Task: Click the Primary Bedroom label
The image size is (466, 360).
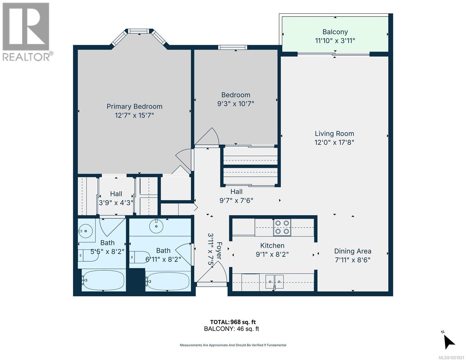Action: (134, 106)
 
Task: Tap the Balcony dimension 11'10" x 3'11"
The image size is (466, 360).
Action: (335, 41)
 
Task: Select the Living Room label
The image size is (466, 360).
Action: (334, 134)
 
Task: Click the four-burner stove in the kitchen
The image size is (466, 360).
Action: (282, 227)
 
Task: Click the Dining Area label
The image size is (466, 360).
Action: (353, 251)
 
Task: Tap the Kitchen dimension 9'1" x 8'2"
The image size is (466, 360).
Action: (272, 254)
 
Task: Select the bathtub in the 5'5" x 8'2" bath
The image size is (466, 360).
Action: (103, 280)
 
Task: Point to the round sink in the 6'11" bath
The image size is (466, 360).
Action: (156, 226)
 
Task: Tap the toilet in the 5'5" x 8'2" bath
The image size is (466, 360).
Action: (88, 255)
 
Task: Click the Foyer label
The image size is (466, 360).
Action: (219, 250)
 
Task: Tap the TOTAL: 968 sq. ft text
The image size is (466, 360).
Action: (233, 322)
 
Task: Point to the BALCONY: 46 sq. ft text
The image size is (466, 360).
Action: (231, 329)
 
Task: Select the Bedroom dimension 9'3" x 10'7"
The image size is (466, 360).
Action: (236, 104)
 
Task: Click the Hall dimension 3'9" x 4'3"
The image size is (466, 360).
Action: (116, 203)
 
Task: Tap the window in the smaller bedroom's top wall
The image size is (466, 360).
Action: (233, 47)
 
